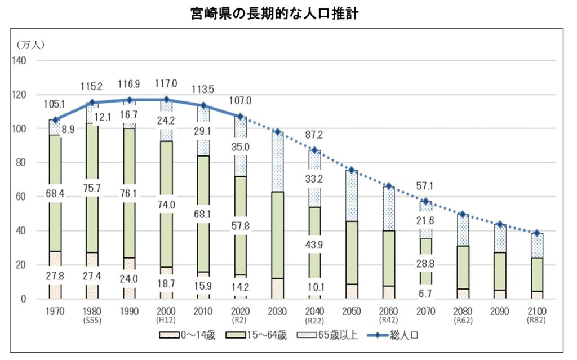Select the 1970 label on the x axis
(56, 311)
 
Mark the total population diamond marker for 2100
(536, 233)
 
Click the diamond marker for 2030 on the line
(278, 132)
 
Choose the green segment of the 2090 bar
(499, 271)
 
